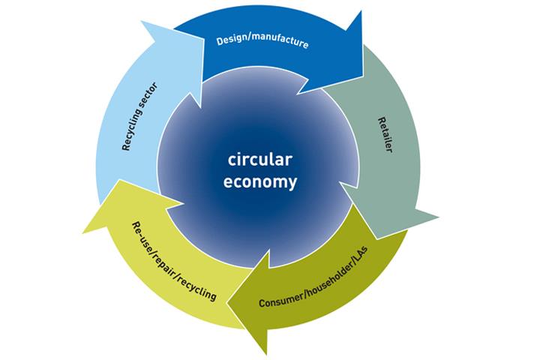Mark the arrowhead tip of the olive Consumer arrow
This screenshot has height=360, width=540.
point(262,352)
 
